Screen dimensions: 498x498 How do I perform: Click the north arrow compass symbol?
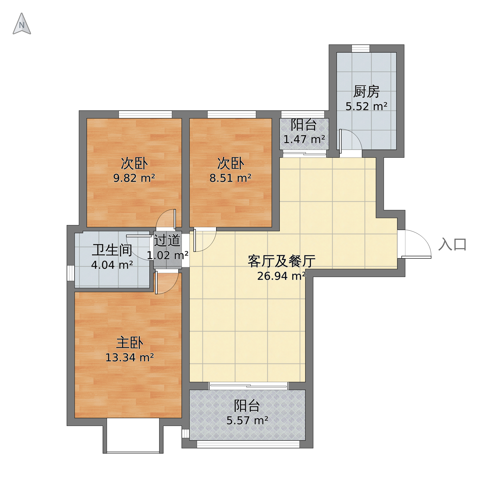coord(22,24)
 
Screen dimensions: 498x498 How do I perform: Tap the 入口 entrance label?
coord(452,244)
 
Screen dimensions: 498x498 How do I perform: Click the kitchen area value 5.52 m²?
coord(366,107)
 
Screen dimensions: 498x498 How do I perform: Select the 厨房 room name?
coord(366,92)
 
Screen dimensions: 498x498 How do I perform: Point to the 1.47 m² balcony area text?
coord(304,140)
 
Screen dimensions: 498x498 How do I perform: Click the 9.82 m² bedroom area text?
coord(134,178)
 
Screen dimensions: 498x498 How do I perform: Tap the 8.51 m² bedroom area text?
coord(230,178)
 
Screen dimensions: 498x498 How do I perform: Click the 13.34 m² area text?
coord(130,358)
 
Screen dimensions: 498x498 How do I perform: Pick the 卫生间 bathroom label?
coord(112,250)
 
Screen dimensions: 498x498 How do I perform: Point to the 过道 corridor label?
coord(167,241)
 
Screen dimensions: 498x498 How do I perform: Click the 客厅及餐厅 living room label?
coord(281,261)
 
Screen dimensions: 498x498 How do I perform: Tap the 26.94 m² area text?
coord(281,276)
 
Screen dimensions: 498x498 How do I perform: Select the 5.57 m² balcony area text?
coord(247,421)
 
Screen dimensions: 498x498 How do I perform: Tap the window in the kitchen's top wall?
coord(361,48)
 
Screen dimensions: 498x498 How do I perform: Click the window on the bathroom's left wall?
coord(71,273)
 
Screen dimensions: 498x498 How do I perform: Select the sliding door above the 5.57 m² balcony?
coord(248,386)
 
